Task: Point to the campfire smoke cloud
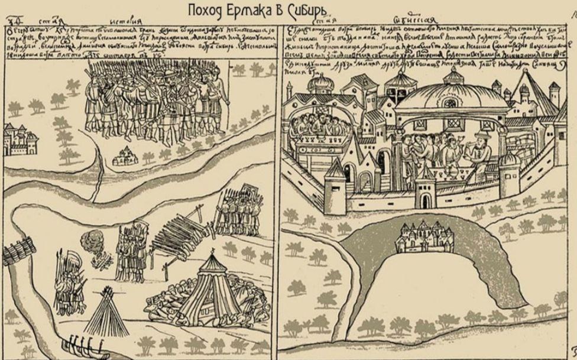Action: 92,241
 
